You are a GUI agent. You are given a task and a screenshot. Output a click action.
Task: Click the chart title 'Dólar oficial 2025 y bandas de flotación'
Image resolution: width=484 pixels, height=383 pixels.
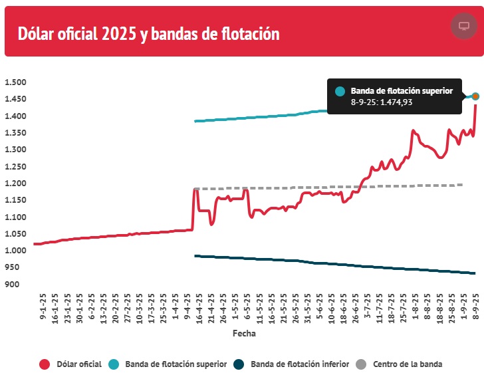tap(148, 33)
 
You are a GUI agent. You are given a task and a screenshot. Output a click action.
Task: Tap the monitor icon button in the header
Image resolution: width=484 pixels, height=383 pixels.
tap(463, 26)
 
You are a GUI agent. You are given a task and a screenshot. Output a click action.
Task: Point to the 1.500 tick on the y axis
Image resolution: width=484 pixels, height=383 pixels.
tap(15, 82)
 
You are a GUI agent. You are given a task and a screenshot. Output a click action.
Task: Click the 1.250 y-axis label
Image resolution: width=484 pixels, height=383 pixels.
tap(15, 150)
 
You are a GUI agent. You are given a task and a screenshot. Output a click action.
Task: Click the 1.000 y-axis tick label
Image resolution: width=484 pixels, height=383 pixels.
tap(15, 251)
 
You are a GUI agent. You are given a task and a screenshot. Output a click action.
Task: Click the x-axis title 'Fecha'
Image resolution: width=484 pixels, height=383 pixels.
tap(243, 334)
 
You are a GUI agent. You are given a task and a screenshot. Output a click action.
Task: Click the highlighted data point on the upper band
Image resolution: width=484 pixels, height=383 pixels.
tap(475, 96)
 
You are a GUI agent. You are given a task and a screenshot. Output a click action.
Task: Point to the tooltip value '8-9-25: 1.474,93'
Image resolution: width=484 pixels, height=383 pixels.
tap(382, 102)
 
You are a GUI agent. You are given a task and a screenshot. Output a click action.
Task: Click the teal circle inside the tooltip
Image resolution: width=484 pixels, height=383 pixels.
tap(340, 92)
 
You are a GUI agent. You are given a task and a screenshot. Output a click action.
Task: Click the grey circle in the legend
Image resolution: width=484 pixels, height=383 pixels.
tap(360, 364)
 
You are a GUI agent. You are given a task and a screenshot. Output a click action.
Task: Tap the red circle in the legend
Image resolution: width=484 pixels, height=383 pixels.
tap(45, 364)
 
